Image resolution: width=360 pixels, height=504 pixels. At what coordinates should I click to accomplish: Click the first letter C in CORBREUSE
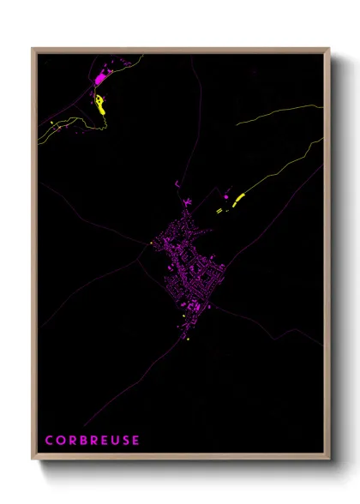[x=49, y=441]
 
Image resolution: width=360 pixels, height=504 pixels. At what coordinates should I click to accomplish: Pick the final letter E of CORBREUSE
[x=136, y=441]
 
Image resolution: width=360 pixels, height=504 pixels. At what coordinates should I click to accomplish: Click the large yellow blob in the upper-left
[x=101, y=105]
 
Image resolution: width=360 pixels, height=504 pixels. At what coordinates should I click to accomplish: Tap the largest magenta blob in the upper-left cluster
[x=101, y=78]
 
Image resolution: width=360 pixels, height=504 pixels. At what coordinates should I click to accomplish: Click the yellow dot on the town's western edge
[x=151, y=243]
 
